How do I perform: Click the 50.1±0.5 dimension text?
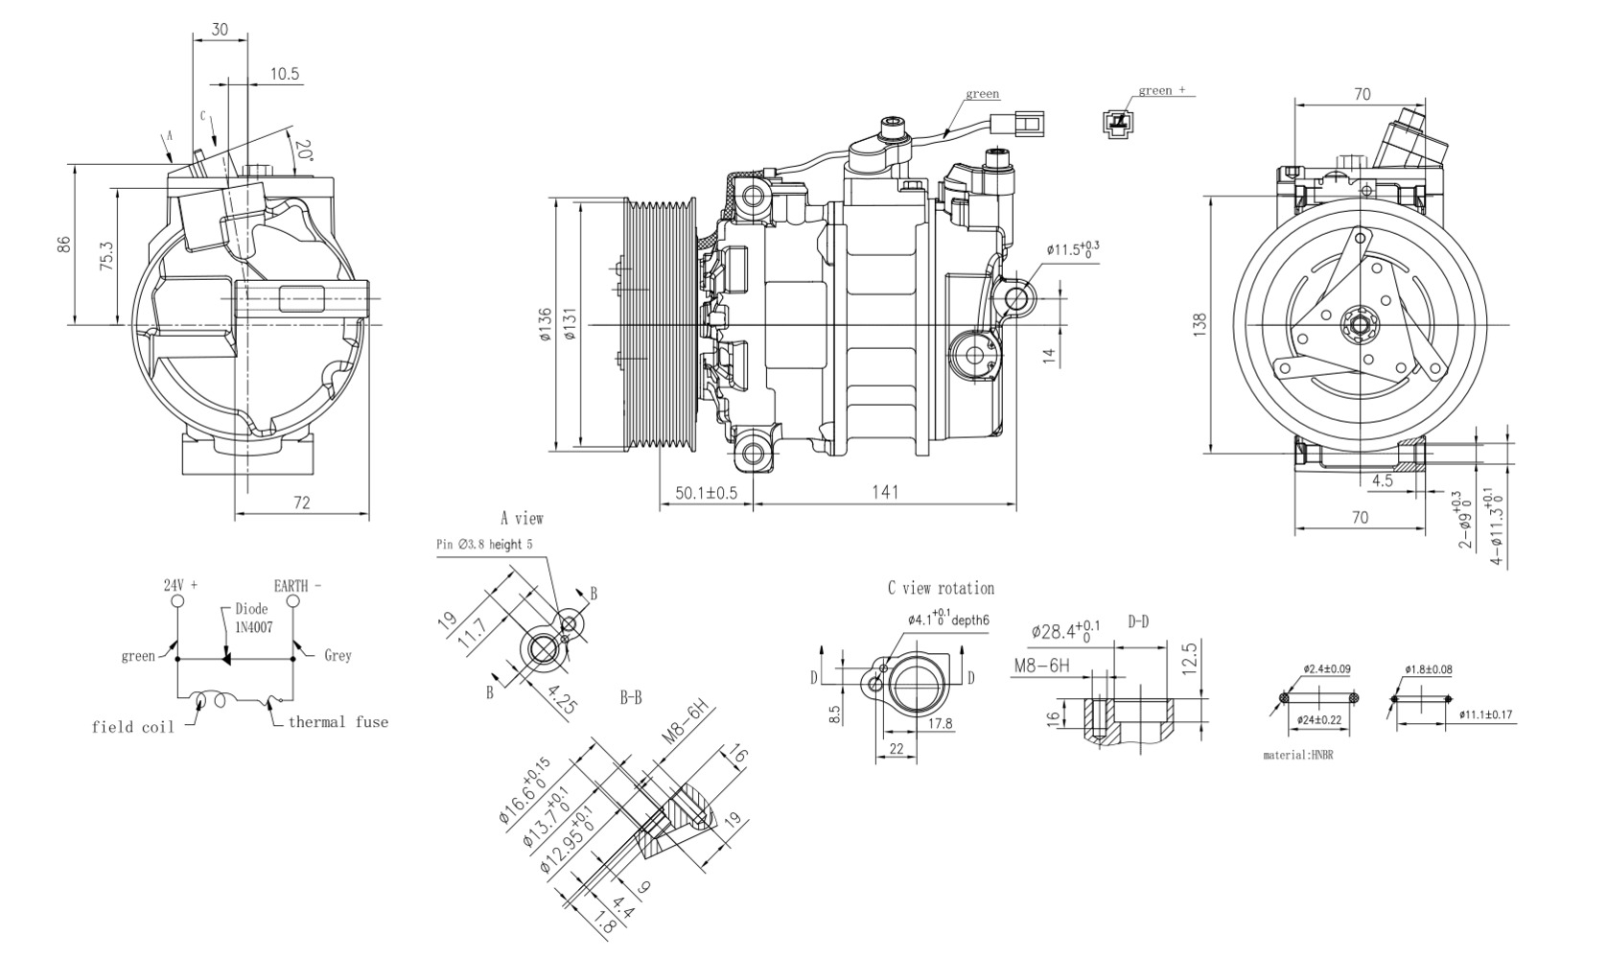pos(706,493)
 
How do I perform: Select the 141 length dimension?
pos(885,492)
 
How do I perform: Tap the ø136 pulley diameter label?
pos(546,325)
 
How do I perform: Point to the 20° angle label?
pos(304,152)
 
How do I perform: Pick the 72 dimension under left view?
pos(301,503)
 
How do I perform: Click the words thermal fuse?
pos(338,722)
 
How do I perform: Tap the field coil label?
pos(133,727)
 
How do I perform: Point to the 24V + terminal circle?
pos(177,601)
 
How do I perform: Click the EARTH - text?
pos(298,585)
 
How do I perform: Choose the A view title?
pos(522,519)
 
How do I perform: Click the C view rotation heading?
pos(941,588)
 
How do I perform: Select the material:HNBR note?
pos(1298,756)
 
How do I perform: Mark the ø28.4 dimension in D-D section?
pos(1065,631)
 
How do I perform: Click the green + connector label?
pos(1161,90)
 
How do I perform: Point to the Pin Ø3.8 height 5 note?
pos(484,544)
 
